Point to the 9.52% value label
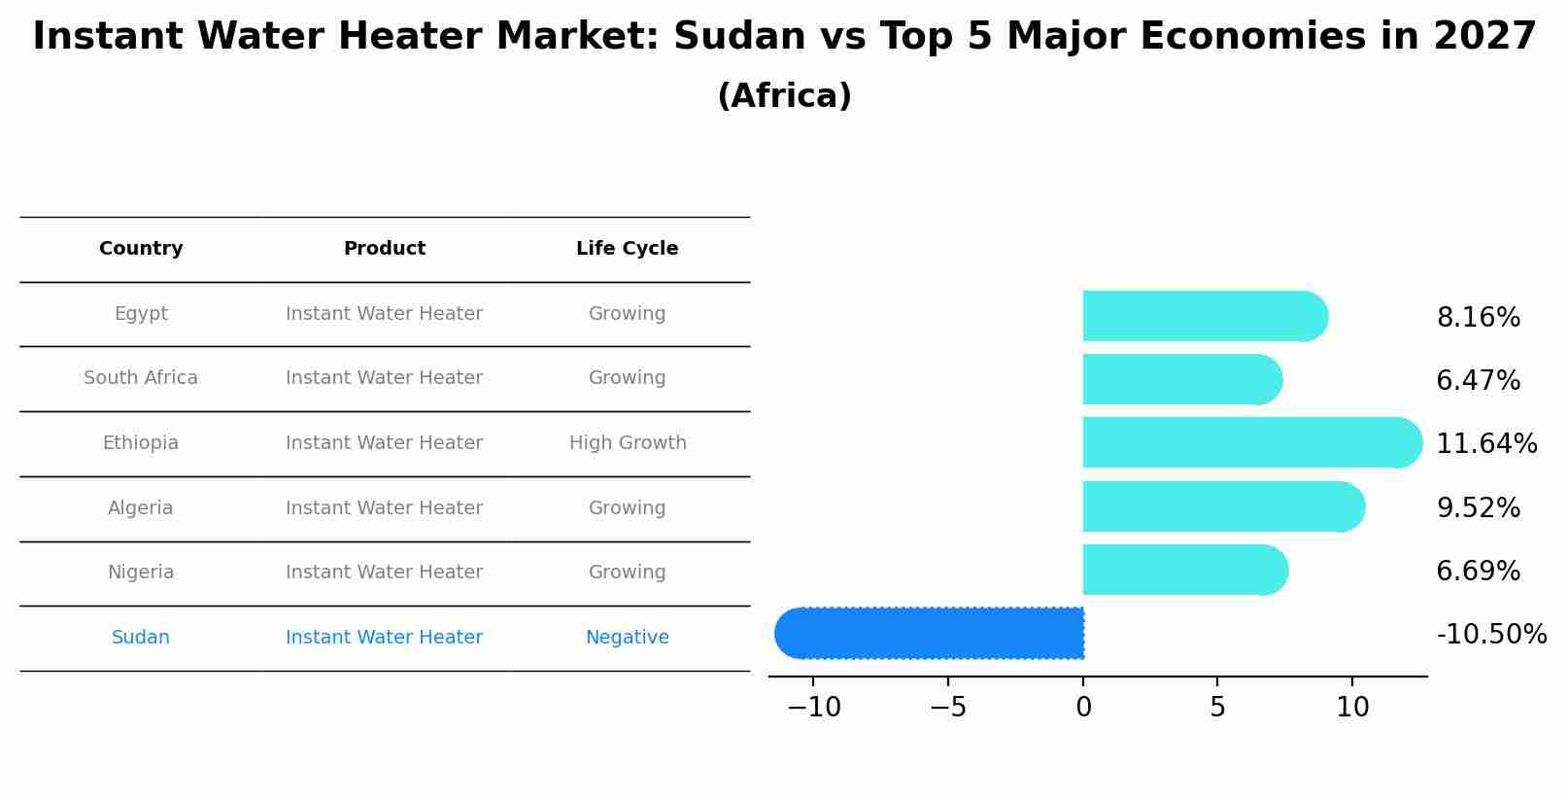coord(1478,507)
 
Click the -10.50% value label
coord(1491,635)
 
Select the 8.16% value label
coord(1478,318)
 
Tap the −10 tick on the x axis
coord(813,708)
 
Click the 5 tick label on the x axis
coord(1217,708)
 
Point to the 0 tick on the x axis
coord(1083,708)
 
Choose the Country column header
coord(141,249)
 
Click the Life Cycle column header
coord(627,249)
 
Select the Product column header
coord(385,249)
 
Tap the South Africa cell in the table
coord(141,378)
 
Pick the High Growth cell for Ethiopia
coord(628,443)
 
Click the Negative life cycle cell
coord(627,638)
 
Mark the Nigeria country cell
coord(141,573)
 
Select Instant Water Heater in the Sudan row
coord(385,638)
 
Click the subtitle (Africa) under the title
coord(784,96)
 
